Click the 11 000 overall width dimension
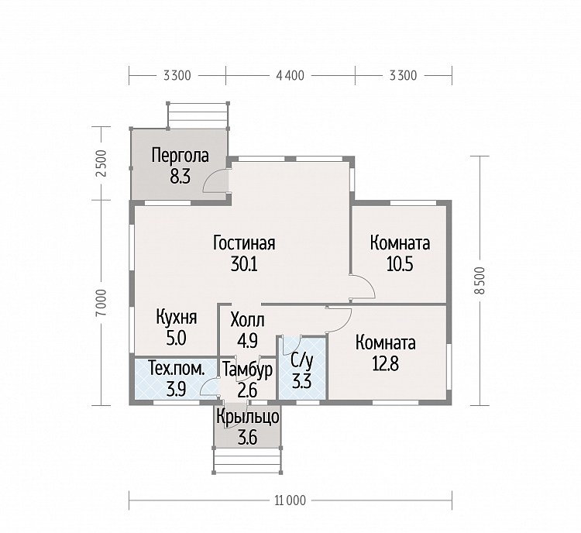[x=290, y=500]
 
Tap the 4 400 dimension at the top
[x=290, y=76]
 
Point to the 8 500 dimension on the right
[x=480, y=280]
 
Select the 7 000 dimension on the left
[x=101, y=302]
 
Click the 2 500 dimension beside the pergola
[x=101, y=163]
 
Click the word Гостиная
[x=245, y=243]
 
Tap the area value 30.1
[x=244, y=265]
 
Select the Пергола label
[x=180, y=156]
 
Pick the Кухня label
[x=177, y=318]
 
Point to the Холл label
[x=248, y=320]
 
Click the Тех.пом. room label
[x=177, y=370]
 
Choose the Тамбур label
[x=248, y=370]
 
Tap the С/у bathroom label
[x=302, y=360]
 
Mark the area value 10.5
[x=400, y=265]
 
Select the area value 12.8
[x=385, y=364]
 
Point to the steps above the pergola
[x=198, y=115]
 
